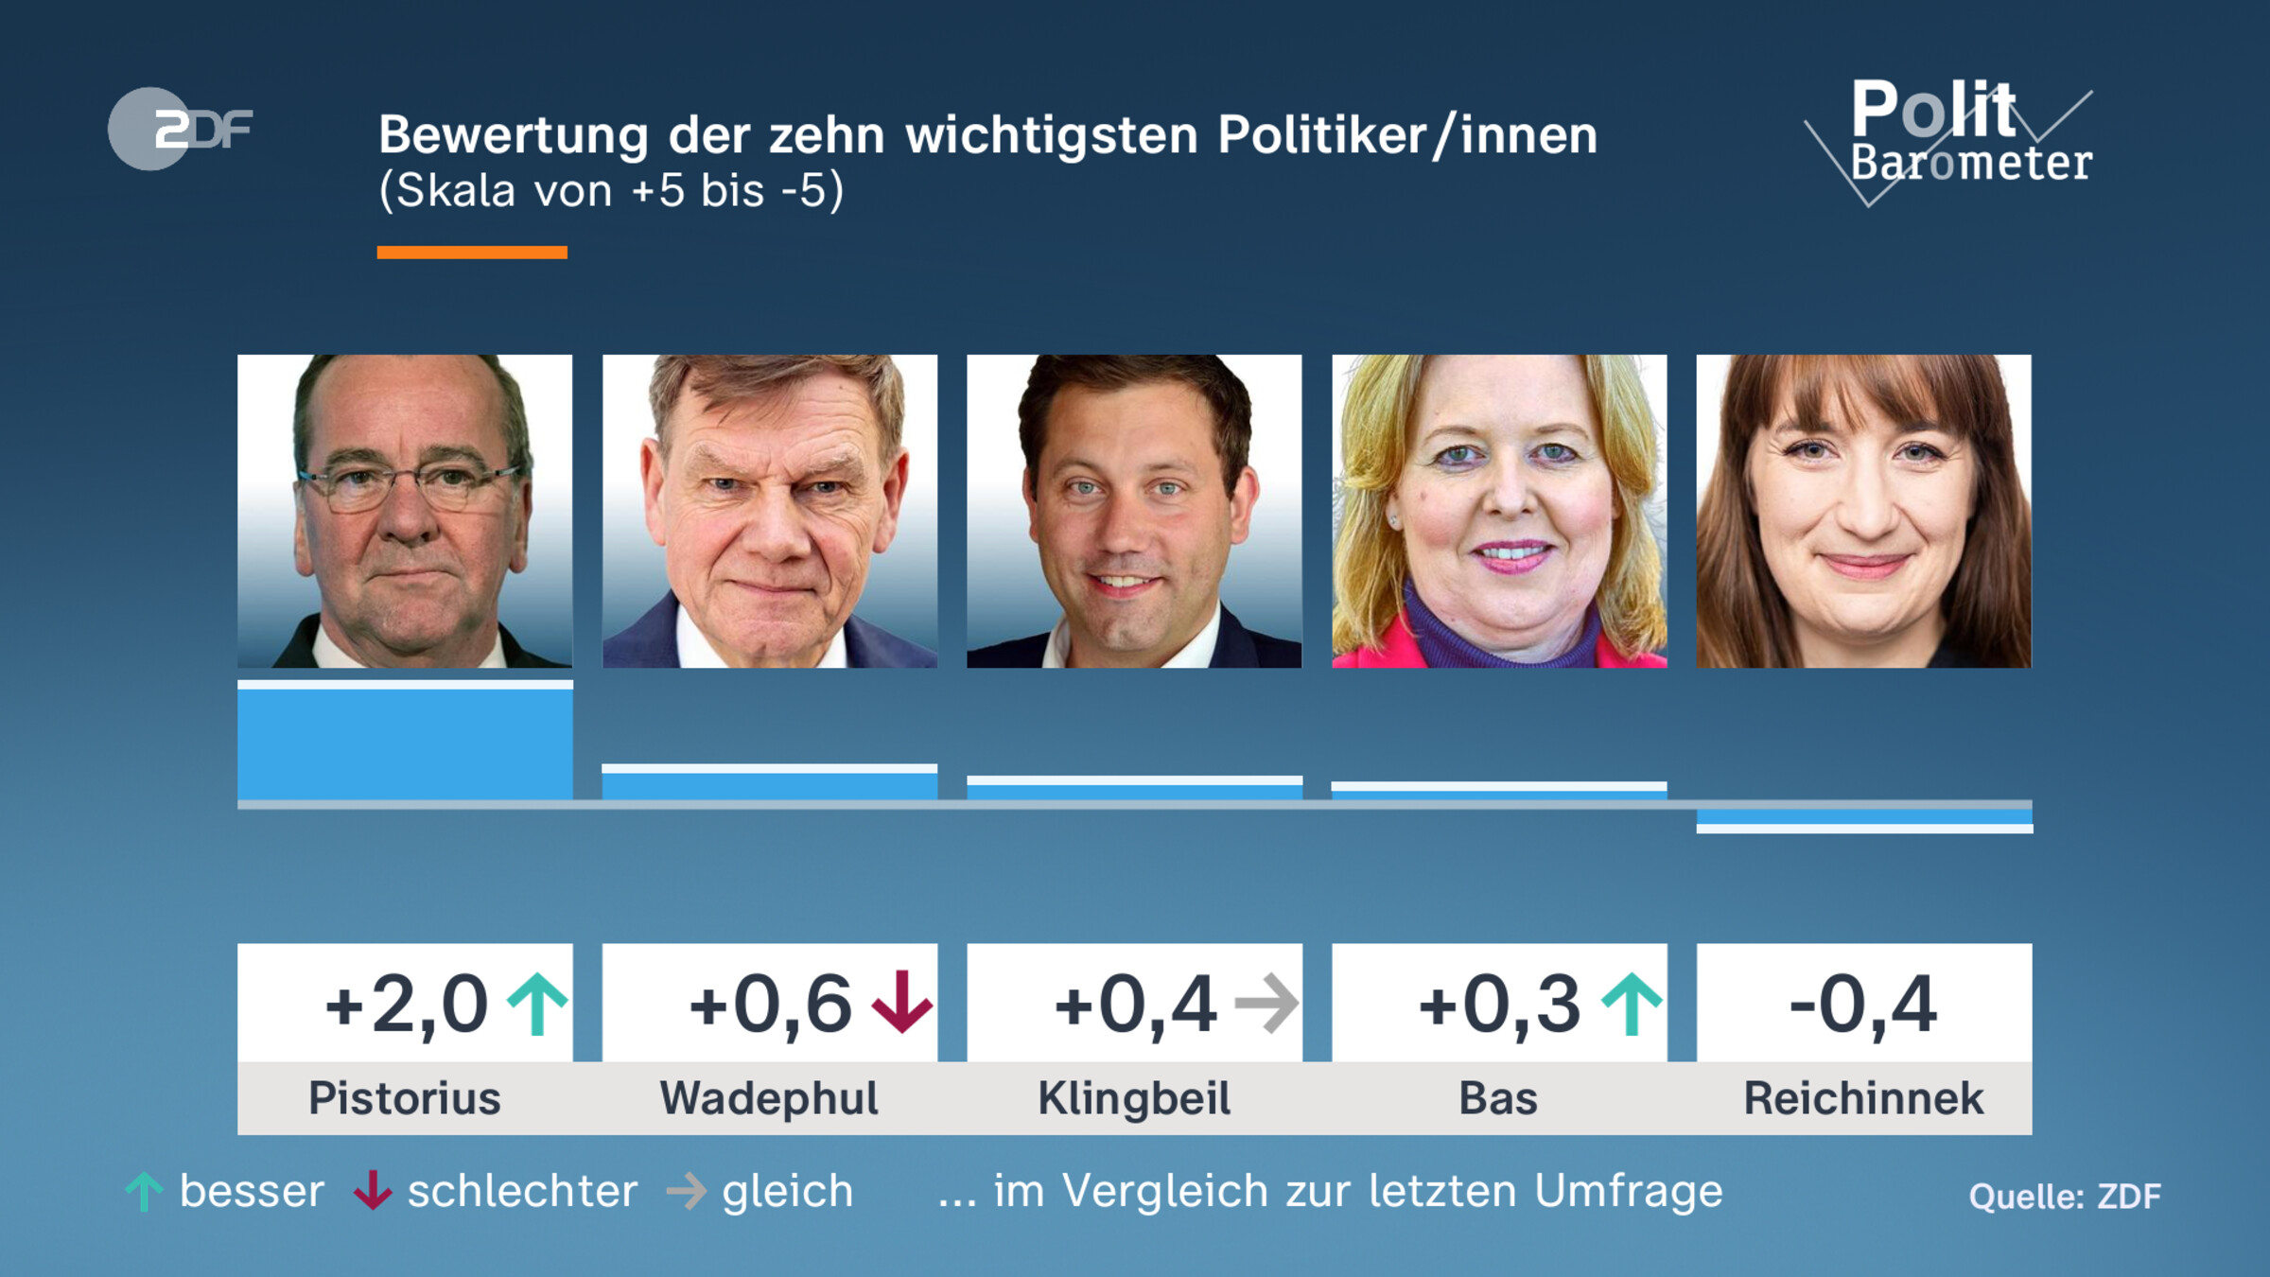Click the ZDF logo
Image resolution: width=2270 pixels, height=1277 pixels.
click(x=180, y=129)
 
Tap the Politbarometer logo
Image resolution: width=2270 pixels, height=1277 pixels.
click(x=1958, y=137)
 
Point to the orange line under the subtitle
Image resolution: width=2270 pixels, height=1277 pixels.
click(x=472, y=253)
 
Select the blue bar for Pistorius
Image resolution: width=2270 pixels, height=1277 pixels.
click(x=405, y=743)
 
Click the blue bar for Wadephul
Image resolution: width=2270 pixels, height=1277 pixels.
click(x=769, y=783)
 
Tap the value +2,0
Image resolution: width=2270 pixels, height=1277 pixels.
click(x=407, y=1004)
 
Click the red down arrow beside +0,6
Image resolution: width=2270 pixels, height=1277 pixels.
click(x=901, y=1002)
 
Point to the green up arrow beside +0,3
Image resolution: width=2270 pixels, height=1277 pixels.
click(x=1631, y=1004)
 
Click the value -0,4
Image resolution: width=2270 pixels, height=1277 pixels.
click(x=1863, y=1004)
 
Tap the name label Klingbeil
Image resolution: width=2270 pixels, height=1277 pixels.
click(x=1134, y=1099)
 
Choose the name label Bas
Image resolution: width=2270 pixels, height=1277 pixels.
click(x=1498, y=1099)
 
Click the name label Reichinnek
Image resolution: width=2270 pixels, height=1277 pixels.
click(x=1863, y=1099)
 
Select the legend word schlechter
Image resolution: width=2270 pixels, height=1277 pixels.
click(x=522, y=1191)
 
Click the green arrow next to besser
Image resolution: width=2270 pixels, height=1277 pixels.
click(x=144, y=1192)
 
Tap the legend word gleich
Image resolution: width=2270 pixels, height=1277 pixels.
click(x=788, y=1191)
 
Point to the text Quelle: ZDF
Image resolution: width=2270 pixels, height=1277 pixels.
click(x=2065, y=1197)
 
